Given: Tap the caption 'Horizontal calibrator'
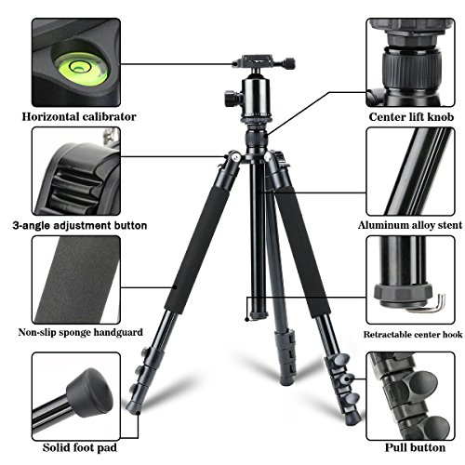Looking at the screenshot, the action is (x=79, y=117).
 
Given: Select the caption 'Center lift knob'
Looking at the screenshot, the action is (x=411, y=117).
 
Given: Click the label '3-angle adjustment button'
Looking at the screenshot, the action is (x=80, y=225).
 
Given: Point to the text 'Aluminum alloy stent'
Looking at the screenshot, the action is (x=410, y=225).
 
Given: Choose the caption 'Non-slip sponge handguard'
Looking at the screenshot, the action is (x=81, y=332).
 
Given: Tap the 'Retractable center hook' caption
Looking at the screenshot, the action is (x=413, y=335).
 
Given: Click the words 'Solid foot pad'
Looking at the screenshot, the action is (x=80, y=447).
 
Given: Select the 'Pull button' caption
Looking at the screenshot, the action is (x=415, y=447).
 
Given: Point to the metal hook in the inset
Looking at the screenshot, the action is (x=435, y=304).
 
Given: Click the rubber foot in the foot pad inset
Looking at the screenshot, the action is (x=90, y=392).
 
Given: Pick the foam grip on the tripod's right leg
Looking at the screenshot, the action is (x=302, y=251).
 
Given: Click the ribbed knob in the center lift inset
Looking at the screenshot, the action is (x=411, y=71).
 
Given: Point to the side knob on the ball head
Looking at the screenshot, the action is (x=232, y=99).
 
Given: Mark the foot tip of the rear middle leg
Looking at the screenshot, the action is (x=287, y=380).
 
